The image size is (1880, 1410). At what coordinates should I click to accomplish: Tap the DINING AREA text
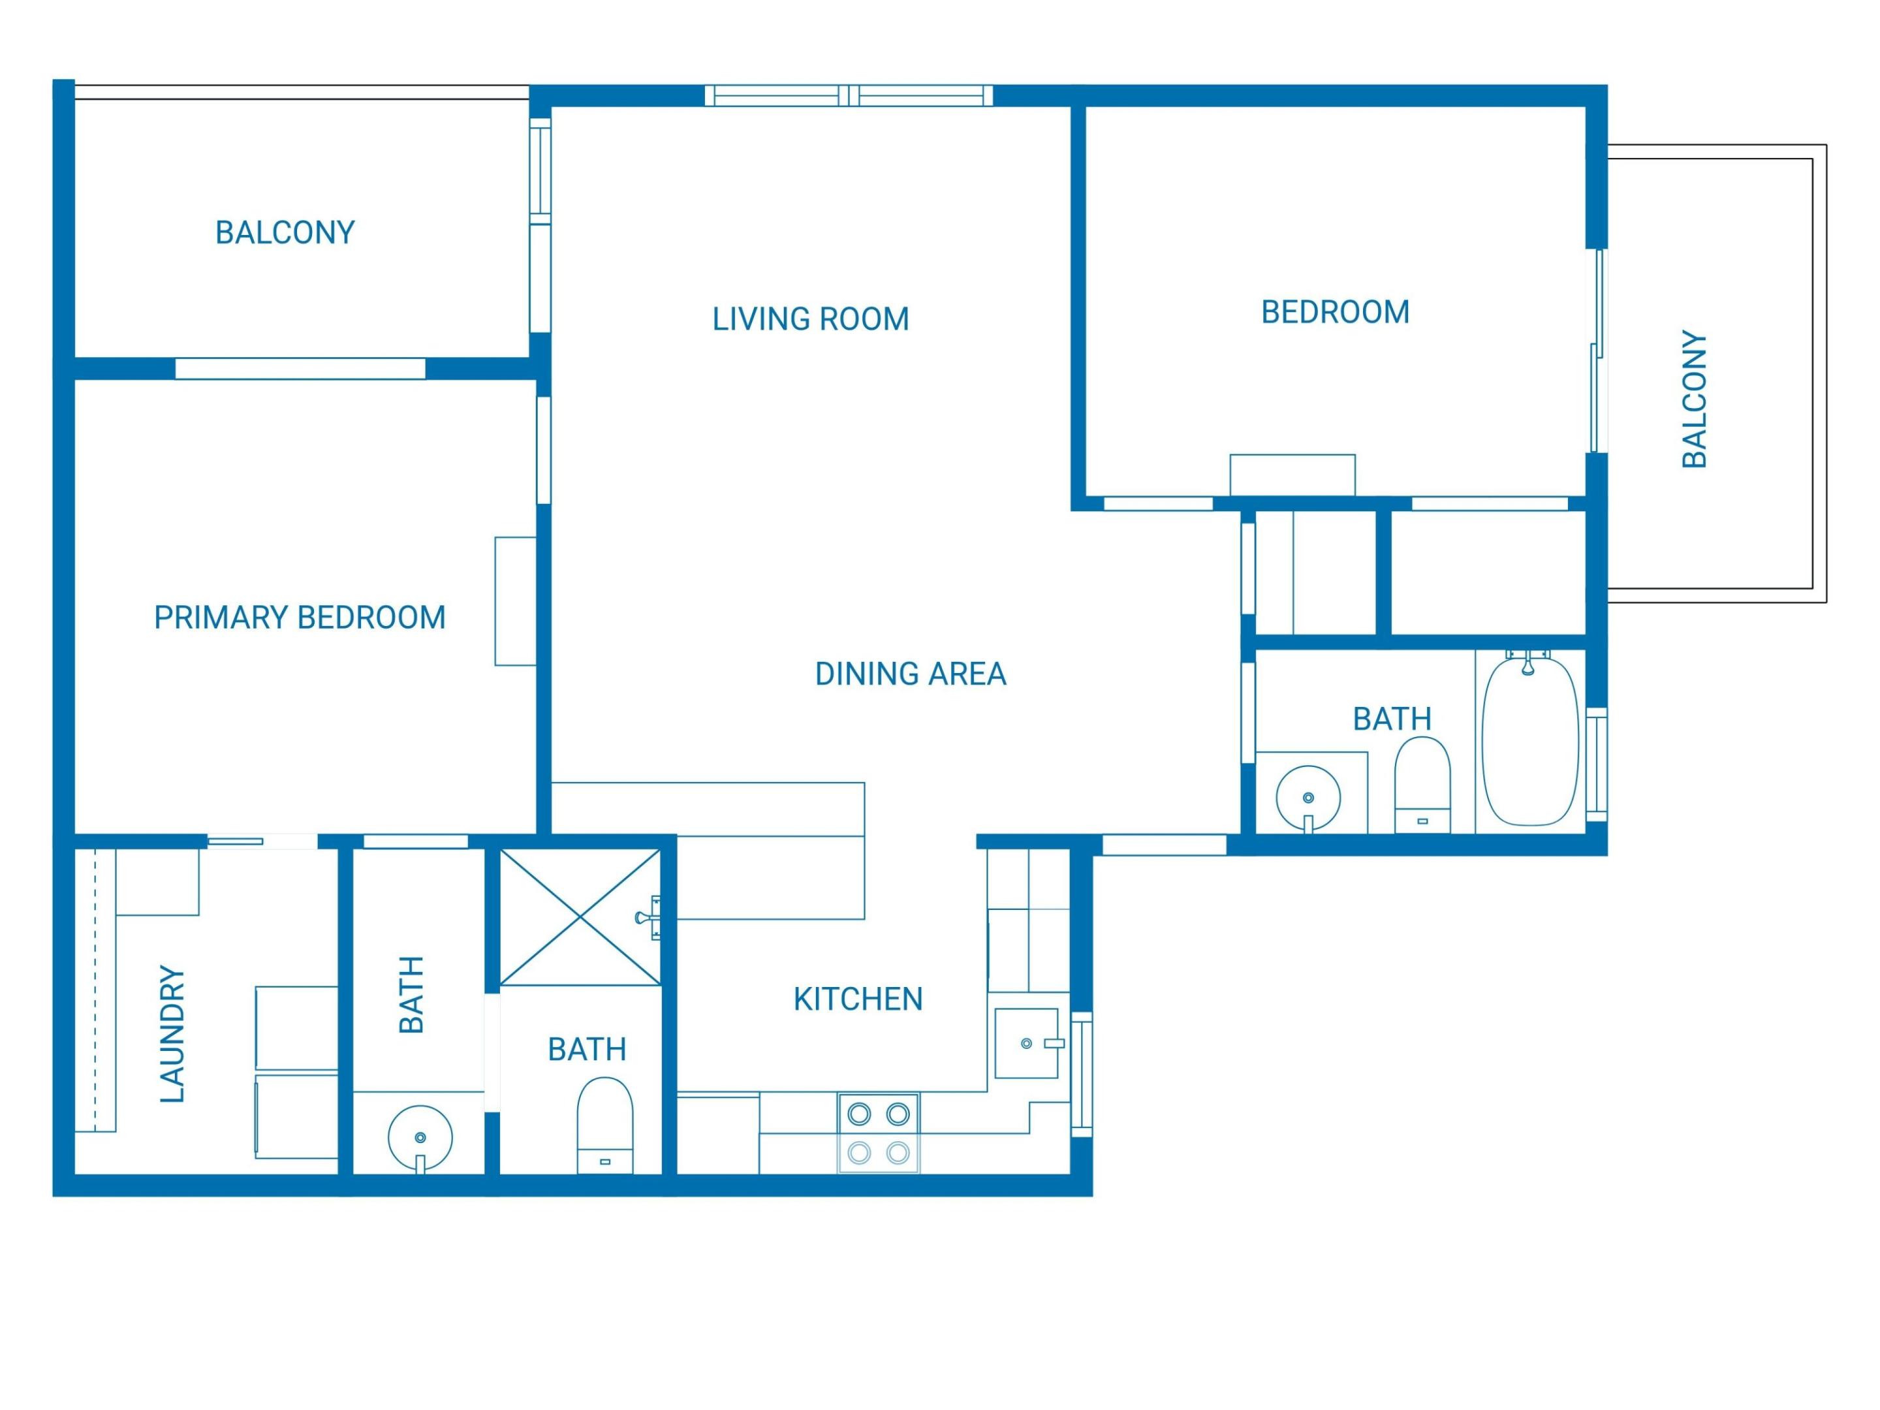(x=910, y=674)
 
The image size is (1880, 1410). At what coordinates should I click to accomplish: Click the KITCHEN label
(x=858, y=999)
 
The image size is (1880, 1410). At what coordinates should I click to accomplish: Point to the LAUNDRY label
(x=172, y=1035)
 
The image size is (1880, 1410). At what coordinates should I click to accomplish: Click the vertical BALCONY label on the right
(x=1694, y=399)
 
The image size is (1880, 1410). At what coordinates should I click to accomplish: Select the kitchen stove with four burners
(x=878, y=1133)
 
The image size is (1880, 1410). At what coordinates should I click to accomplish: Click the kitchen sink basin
(x=1026, y=1043)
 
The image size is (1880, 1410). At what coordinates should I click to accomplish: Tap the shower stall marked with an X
(x=580, y=917)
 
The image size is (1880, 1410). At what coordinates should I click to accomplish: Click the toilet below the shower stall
(x=605, y=1125)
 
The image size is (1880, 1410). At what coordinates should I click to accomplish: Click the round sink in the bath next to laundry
(x=420, y=1137)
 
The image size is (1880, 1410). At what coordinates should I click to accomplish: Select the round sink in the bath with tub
(x=1308, y=797)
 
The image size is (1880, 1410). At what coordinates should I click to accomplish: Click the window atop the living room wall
(x=848, y=96)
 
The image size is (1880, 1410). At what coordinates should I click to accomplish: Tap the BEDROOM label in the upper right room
(x=1334, y=313)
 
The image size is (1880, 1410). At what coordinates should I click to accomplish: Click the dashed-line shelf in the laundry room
(x=95, y=990)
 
